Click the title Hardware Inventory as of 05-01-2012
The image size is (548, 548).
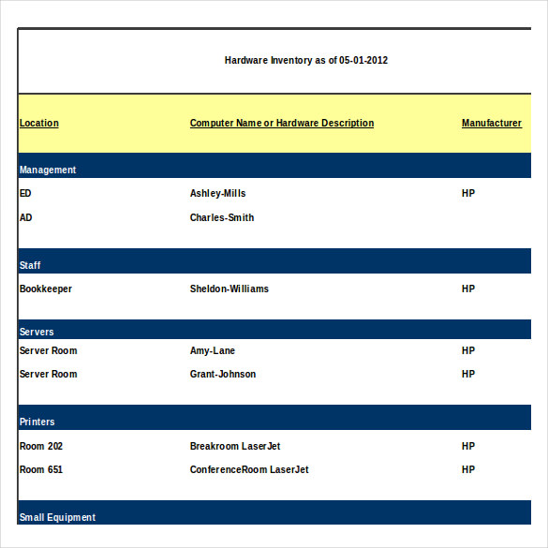point(306,60)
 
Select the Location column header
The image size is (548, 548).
point(39,123)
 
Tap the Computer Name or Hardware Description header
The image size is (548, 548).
point(282,123)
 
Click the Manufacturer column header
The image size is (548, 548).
point(492,123)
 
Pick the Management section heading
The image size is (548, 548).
point(48,170)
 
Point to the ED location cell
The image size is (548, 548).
point(25,193)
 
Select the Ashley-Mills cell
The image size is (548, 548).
point(217,193)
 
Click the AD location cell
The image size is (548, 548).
point(25,217)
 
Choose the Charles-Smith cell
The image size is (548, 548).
point(222,217)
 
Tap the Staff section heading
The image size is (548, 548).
point(30,265)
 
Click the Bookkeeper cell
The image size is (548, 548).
point(46,289)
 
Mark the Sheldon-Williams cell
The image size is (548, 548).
point(230,289)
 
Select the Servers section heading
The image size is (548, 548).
point(37,332)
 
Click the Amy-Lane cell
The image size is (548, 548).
point(213,350)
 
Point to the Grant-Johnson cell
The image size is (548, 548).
point(223,374)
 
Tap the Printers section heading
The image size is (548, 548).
point(37,422)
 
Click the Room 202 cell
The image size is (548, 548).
point(41,446)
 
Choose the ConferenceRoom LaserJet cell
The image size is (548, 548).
point(249,469)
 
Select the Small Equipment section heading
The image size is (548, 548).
point(57,517)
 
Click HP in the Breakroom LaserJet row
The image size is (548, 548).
point(468,446)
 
